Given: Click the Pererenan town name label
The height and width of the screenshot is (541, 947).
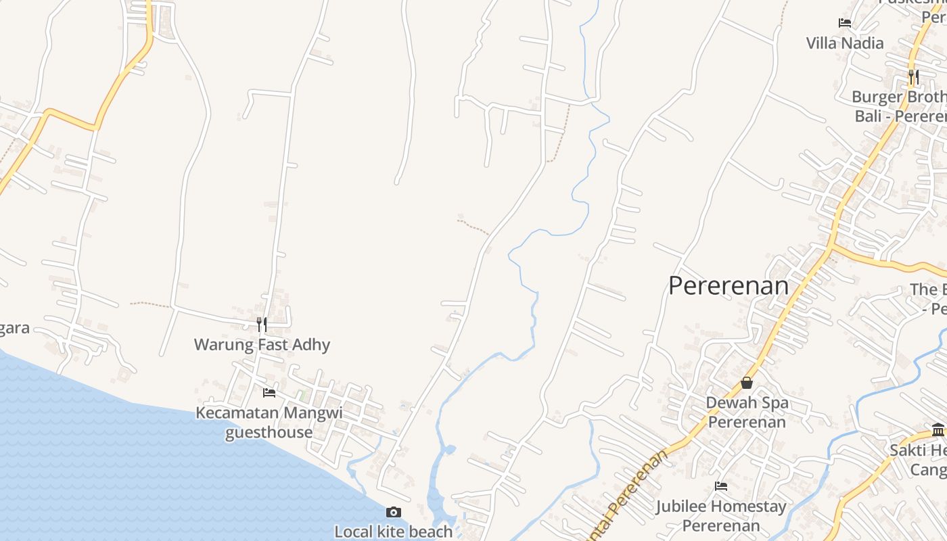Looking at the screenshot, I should (729, 285).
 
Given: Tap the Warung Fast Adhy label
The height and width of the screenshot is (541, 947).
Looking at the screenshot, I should (262, 345).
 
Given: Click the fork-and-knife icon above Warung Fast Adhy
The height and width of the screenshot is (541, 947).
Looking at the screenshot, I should (261, 325).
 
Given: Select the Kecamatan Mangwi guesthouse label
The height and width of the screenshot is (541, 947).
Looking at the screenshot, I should (269, 422).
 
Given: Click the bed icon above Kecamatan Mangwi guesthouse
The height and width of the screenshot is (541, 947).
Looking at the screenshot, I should (269, 393).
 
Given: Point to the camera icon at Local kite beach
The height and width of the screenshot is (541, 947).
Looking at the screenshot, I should (394, 513).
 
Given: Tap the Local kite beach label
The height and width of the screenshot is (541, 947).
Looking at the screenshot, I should (394, 532).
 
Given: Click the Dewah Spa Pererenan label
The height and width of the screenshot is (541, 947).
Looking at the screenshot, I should (747, 413).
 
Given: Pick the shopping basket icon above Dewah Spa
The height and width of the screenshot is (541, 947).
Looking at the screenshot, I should (747, 383).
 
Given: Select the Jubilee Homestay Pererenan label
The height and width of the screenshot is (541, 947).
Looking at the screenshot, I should (721, 515).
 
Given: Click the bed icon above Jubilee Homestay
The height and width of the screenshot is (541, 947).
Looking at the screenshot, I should (721, 486).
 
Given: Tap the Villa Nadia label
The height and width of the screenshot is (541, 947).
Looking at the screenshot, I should (845, 43).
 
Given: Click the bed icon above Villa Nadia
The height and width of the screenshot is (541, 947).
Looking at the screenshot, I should (845, 23).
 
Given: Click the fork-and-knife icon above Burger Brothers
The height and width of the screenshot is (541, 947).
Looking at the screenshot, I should (913, 77).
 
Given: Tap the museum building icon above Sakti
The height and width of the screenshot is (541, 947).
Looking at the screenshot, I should (938, 430).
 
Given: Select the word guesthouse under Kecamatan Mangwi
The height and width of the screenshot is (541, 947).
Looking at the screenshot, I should (269, 432).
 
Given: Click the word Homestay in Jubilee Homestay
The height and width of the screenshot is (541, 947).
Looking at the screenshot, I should (749, 507).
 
